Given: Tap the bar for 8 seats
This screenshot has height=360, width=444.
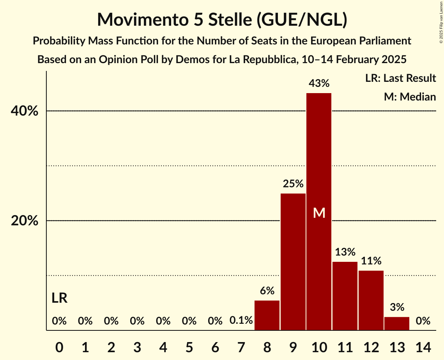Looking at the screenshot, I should click(267, 315).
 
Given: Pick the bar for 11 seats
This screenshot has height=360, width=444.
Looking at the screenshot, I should click(345, 296).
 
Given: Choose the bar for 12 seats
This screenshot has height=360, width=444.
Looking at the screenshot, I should click(371, 300).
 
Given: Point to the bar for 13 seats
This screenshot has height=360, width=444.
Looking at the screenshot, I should click(397, 323).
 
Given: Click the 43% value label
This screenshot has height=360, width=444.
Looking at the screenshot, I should click(319, 83).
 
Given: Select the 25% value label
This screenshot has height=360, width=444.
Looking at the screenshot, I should click(293, 184).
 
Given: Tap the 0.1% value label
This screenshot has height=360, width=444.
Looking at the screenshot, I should click(241, 321).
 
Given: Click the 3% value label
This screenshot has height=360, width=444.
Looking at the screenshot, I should click(397, 307).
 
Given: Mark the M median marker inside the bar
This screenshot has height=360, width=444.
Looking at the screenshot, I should click(319, 213).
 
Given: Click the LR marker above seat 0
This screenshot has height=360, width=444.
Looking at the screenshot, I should click(60, 298).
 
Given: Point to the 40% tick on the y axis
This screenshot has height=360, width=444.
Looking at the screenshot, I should click(24, 111).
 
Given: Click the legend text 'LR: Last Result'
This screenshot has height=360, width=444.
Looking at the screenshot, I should click(400, 78).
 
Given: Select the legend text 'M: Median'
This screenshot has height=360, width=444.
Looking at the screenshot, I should click(410, 97).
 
